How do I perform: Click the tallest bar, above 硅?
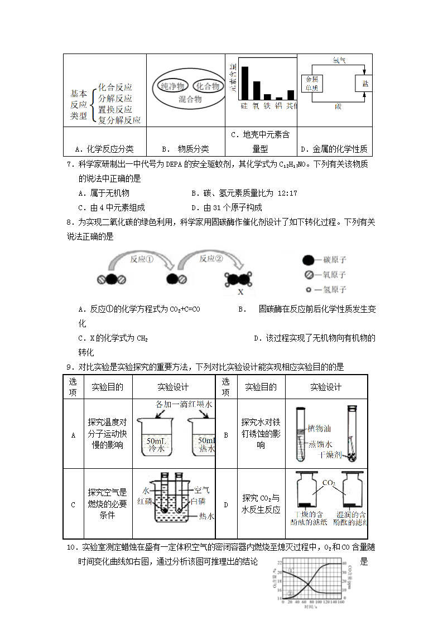click(244, 83)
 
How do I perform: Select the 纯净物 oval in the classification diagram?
click(173, 86)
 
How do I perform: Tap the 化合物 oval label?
click(208, 86)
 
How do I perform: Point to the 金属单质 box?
click(311, 84)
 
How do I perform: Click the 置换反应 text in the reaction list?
click(115, 109)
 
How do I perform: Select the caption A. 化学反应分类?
click(104, 149)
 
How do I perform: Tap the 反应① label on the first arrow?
click(141, 259)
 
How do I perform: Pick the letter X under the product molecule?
click(241, 292)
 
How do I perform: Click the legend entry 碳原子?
click(334, 260)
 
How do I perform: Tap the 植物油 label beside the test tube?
click(320, 429)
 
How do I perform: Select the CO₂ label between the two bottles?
click(329, 482)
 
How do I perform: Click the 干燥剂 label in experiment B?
click(329, 455)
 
